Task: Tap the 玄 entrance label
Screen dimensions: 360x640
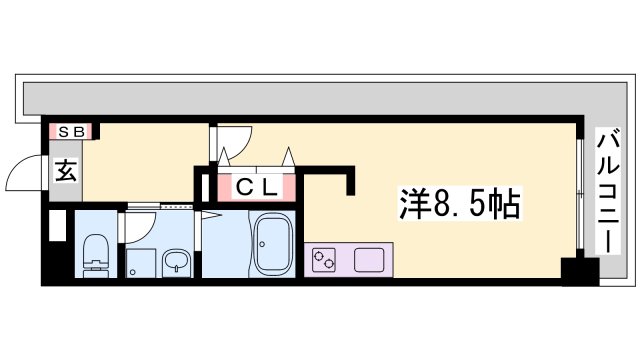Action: (65, 172)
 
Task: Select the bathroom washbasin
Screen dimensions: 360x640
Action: (176, 263)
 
